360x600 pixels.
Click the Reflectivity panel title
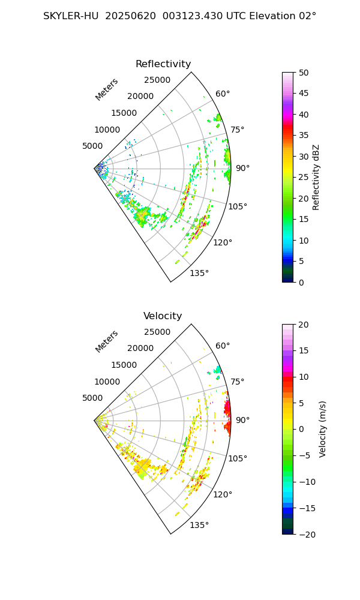(x=163, y=64)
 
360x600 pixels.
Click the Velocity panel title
(x=163, y=316)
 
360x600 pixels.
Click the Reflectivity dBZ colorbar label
(x=316, y=177)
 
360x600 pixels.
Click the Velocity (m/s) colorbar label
(x=323, y=429)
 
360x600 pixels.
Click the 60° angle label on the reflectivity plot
(x=223, y=94)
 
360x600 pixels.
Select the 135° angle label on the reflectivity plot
(x=199, y=274)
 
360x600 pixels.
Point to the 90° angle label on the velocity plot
(x=242, y=420)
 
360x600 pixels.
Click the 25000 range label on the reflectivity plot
(x=157, y=80)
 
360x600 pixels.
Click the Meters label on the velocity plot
(x=107, y=341)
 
